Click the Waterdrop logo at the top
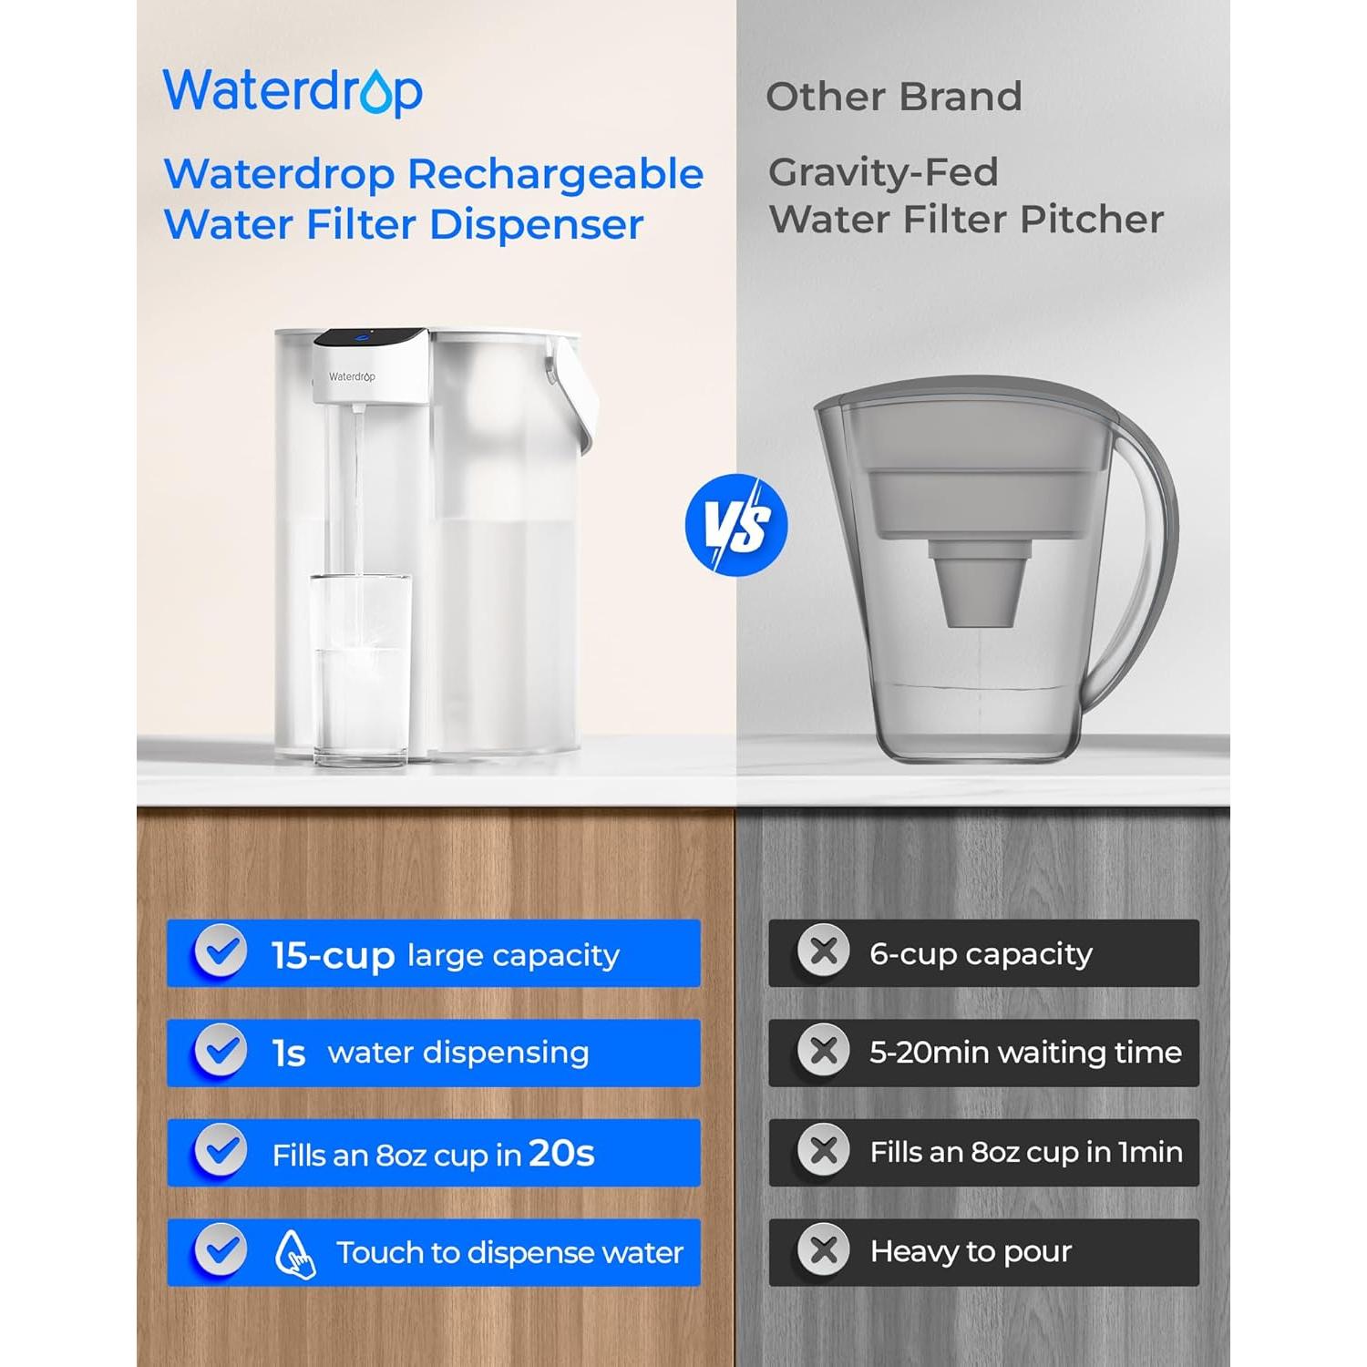click(x=293, y=91)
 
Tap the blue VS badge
click(x=735, y=525)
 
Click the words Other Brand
click(x=893, y=97)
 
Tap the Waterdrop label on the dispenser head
click(x=352, y=376)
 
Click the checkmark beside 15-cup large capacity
click(x=221, y=951)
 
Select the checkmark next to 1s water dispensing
click(x=221, y=1051)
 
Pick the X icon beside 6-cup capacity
click(x=823, y=951)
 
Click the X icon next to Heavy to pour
click(x=823, y=1250)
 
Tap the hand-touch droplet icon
click(x=295, y=1254)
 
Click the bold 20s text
click(x=561, y=1153)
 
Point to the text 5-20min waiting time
click(x=1025, y=1053)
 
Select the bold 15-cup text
click(x=333, y=955)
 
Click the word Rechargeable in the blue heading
click(x=555, y=175)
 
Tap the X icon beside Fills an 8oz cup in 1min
click(x=823, y=1150)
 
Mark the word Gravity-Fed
click(x=883, y=172)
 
